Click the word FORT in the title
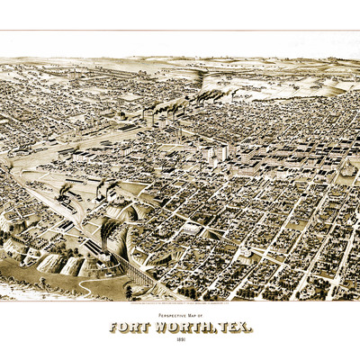click(x=130, y=327)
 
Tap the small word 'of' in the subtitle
click(x=203, y=316)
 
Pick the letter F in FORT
click(x=114, y=327)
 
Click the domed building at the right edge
click(x=346, y=167)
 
